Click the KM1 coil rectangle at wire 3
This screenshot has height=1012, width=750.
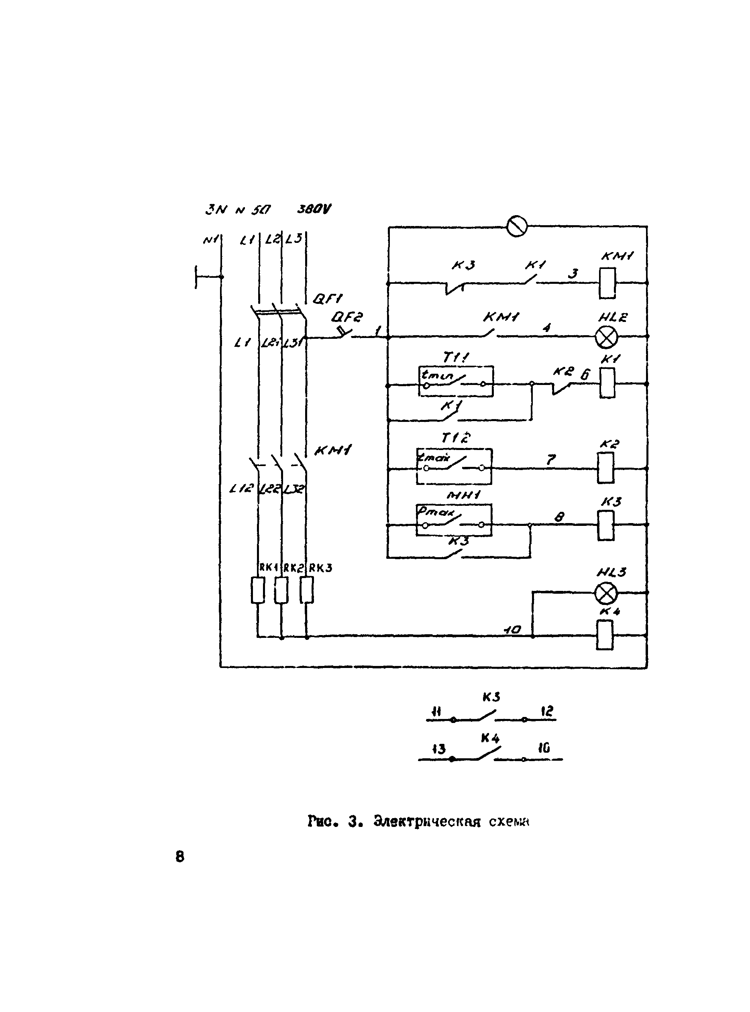[x=607, y=283]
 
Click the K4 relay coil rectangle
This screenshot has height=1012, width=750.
[x=604, y=635]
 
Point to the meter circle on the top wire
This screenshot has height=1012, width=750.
[x=517, y=226]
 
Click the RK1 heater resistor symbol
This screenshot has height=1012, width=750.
[x=258, y=590]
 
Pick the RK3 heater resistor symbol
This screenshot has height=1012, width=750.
[x=307, y=590]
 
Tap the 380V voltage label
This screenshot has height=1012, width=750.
[x=314, y=209]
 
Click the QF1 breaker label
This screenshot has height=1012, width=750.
[x=328, y=298]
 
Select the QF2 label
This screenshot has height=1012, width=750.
[x=347, y=316]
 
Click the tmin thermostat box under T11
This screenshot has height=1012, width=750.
[x=456, y=382]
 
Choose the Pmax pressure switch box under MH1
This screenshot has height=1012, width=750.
[x=454, y=520]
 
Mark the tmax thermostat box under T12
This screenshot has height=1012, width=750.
[x=454, y=467]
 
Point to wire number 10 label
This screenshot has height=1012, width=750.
[x=513, y=629]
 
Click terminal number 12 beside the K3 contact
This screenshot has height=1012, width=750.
[x=547, y=711]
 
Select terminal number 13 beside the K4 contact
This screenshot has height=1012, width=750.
[x=438, y=749]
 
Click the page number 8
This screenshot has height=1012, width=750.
[x=180, y=857]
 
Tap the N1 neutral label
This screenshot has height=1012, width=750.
[x=211, y=239]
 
